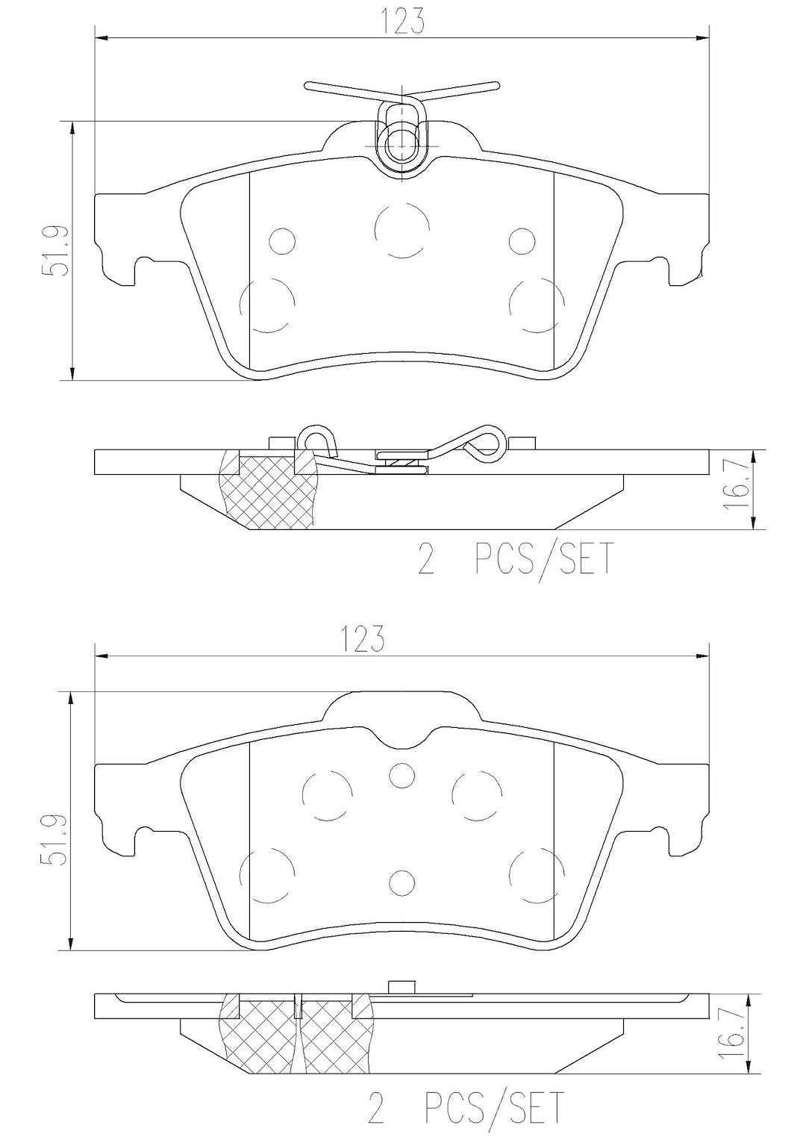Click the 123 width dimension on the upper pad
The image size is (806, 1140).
point(402,22)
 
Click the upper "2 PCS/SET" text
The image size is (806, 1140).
point(516,559)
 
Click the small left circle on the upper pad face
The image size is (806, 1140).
point(281,241)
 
